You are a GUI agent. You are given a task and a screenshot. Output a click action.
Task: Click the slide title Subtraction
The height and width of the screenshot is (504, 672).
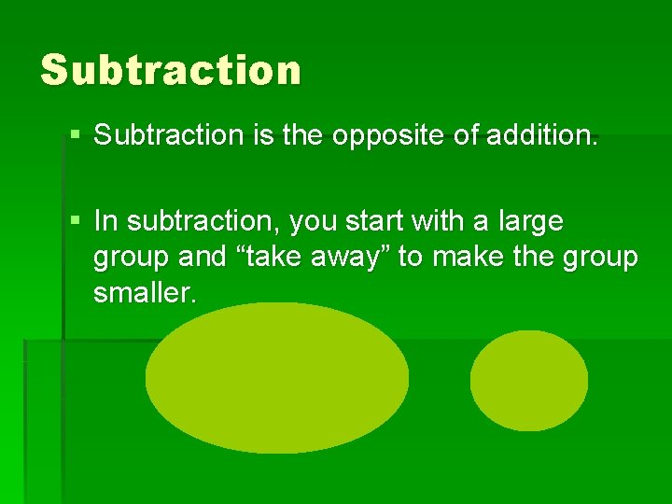point(171,70)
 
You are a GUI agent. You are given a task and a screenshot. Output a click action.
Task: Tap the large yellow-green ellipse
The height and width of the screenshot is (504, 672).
point(276,378)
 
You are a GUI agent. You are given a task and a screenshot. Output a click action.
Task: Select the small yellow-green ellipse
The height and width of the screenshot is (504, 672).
point(528,380)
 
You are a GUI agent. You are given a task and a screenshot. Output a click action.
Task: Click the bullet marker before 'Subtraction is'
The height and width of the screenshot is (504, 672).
point(76,135)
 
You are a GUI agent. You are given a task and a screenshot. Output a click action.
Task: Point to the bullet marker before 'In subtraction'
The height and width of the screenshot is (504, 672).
point(76,221)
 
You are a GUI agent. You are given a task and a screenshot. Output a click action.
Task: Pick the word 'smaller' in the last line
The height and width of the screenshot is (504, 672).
point(145,294)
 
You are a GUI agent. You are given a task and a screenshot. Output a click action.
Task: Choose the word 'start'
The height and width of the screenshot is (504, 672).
point(379,222)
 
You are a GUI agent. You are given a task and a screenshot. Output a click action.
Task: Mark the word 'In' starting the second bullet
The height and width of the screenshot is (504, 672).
point(106,222)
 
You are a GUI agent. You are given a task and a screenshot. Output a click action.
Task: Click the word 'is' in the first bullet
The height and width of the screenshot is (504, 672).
point(262,135)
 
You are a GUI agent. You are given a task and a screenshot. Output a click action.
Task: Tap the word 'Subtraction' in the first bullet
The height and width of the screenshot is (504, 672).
point(169,135)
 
